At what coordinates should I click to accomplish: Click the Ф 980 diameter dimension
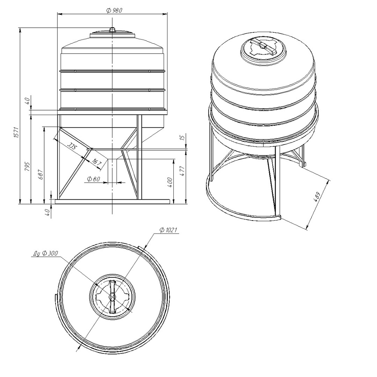[x=114, y=10]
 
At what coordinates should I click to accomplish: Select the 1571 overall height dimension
[x=16, y=132]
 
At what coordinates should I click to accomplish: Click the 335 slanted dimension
[x=72, y=146]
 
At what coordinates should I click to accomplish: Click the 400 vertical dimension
[x=170, y=182]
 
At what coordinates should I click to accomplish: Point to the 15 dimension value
[x=182, y=138]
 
